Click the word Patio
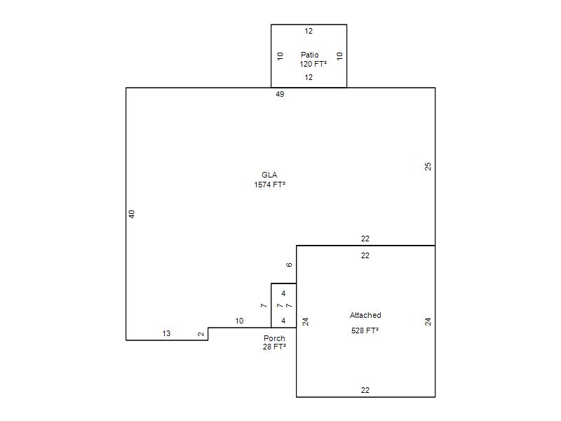click(x=309, y=55)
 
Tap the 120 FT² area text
click(x=313, y=64)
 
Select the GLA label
click(x=269, y=175)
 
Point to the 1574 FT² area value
click(x=270, y=185)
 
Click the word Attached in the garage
click(x=365, y=315)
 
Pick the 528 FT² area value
click(x=365, y=330)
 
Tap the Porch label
click(x=274, y=338)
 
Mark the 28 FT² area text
click(x=274, y=347)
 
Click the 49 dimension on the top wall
click(x=280, y=94)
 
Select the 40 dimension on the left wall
click(x=132, y=214)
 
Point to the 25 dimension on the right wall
click(x=428, y=166)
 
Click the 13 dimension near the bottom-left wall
click(x=166, y=333)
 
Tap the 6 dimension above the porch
click(x=289, y=265)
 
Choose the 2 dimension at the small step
click(x=201, y=334)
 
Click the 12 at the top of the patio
click(x=309, y=31)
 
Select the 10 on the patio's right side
click(x=339, y=56)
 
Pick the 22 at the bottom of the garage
click(x=365, y=390)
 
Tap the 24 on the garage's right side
click(x=428, y=321)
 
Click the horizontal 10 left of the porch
click(x=239, y=321)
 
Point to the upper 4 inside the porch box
click(x=283, y=293)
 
